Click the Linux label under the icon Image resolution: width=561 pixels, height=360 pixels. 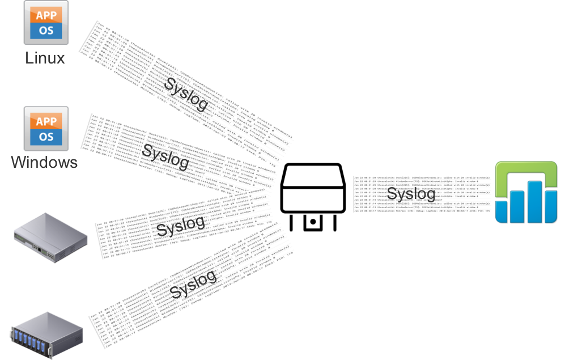[45, 58]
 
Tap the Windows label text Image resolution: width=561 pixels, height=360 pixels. [45, 163]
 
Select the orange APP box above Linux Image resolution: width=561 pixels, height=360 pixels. [46, 15]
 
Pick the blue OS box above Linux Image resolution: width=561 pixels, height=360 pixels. [46, 31]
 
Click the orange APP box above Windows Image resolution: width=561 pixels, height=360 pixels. [46, 121]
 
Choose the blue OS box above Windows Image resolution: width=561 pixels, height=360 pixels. [46, 137]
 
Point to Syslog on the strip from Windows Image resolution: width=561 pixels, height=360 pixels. [165, 156]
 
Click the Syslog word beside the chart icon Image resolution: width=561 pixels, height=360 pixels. [411, 194]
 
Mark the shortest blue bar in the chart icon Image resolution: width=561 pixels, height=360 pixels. [501, 211]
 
